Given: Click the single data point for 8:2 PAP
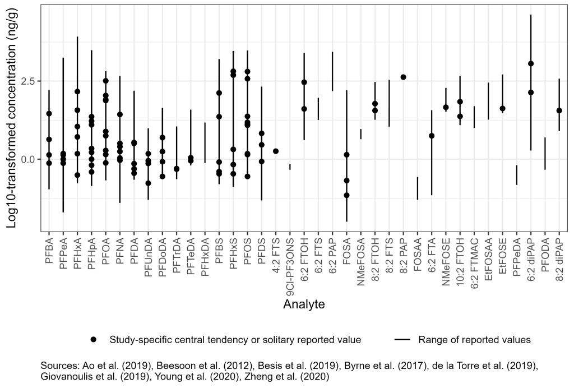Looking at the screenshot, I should [x=403, y=77].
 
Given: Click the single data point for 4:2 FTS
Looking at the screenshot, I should [x=276, y=151].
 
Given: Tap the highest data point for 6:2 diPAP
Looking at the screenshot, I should [x=531, y=64].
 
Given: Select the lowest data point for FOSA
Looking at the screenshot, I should [x=346, y=195].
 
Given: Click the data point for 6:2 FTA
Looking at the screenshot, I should [x=432, y=136].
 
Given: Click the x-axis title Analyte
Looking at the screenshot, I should [x=304, y=304].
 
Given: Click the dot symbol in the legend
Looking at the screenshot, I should [x=94, y=340].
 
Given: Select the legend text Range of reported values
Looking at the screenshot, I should [x=474, y=340].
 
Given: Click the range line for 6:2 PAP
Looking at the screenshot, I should [x=332, y=72].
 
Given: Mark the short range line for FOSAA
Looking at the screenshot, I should [x=418, y=188].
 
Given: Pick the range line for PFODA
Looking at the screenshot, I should [x=545, y=153].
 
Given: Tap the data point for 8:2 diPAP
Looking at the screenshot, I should [x=559, y=110].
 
